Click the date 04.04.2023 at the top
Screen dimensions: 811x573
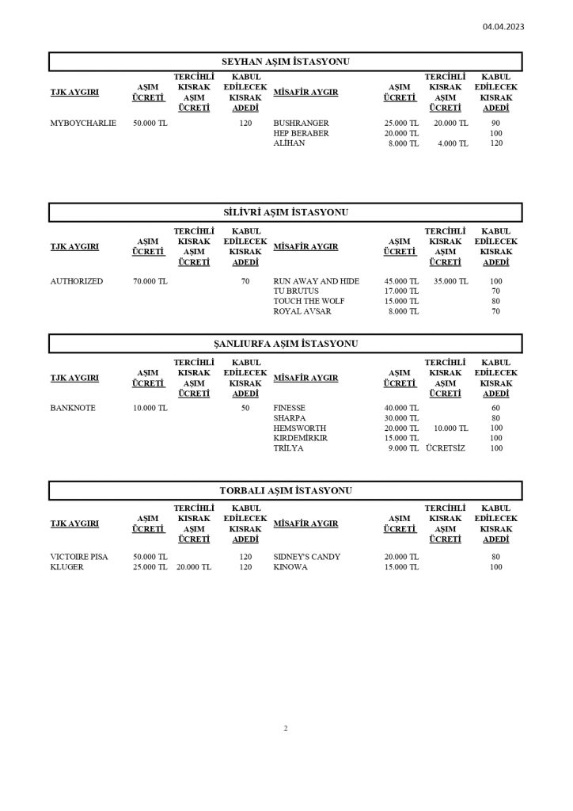click(503, 26)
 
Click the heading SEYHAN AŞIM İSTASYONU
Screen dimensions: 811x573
click(286, 62)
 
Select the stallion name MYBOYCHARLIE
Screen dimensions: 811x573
click(83, 124)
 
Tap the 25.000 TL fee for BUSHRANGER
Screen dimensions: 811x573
click(401, 124)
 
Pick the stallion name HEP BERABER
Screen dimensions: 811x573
click(301, 134)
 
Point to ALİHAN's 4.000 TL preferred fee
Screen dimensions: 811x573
click(453, 143)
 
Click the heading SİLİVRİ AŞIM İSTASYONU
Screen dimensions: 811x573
click(286, 212)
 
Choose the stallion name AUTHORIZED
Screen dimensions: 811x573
click(77, 281)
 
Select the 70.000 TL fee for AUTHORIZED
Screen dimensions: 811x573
click(150, 281)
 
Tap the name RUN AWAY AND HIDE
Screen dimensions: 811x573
click(317, 281)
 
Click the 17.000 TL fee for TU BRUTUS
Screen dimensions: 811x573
click(401, 291)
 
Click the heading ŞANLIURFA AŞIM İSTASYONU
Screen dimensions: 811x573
click(286, 344)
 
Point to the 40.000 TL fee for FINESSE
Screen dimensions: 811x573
click(401, 408)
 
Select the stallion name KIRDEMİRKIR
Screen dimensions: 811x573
click(301, 438)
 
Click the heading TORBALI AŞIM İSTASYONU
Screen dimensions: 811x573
click(286, 491)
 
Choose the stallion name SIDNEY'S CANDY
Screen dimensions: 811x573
click(307, 557)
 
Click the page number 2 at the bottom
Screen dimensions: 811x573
click(286, 729)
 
